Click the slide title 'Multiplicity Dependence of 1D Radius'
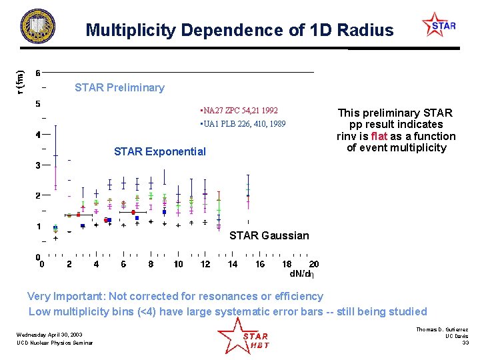[239, 31]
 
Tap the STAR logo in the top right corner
[439, 25]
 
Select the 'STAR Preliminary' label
[119, 87]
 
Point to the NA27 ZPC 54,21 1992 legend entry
[239, 110]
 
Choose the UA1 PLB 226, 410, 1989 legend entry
[243, 124]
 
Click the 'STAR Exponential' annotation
[160, 151]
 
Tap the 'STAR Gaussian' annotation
[269, 235]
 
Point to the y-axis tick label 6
[38, 73]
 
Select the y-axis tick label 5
[38, 103]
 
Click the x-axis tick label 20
[314, 264]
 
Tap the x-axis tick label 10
[178, 264]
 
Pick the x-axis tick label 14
[233, 264]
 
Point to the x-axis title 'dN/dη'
[301, 273]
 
